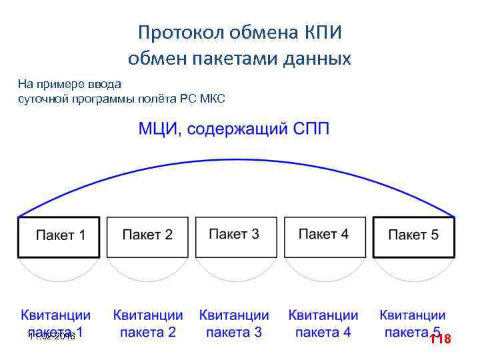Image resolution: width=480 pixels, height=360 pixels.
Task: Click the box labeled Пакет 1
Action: (x=59, y=237)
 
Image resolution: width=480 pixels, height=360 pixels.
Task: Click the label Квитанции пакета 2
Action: (x=147, y=323)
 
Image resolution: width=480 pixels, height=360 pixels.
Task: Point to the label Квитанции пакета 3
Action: (x=234, y=323)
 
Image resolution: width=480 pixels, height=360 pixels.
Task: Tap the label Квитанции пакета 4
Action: (x=323, y=323)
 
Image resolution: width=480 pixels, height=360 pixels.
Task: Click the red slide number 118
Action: (x=440, y=339)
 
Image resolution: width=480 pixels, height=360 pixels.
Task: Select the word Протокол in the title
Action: (x=178, y=32)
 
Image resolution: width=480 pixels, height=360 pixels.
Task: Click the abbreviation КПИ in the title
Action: (x=328, y=32)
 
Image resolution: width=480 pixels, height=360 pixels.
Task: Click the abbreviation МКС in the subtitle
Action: (x=213, y=99)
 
